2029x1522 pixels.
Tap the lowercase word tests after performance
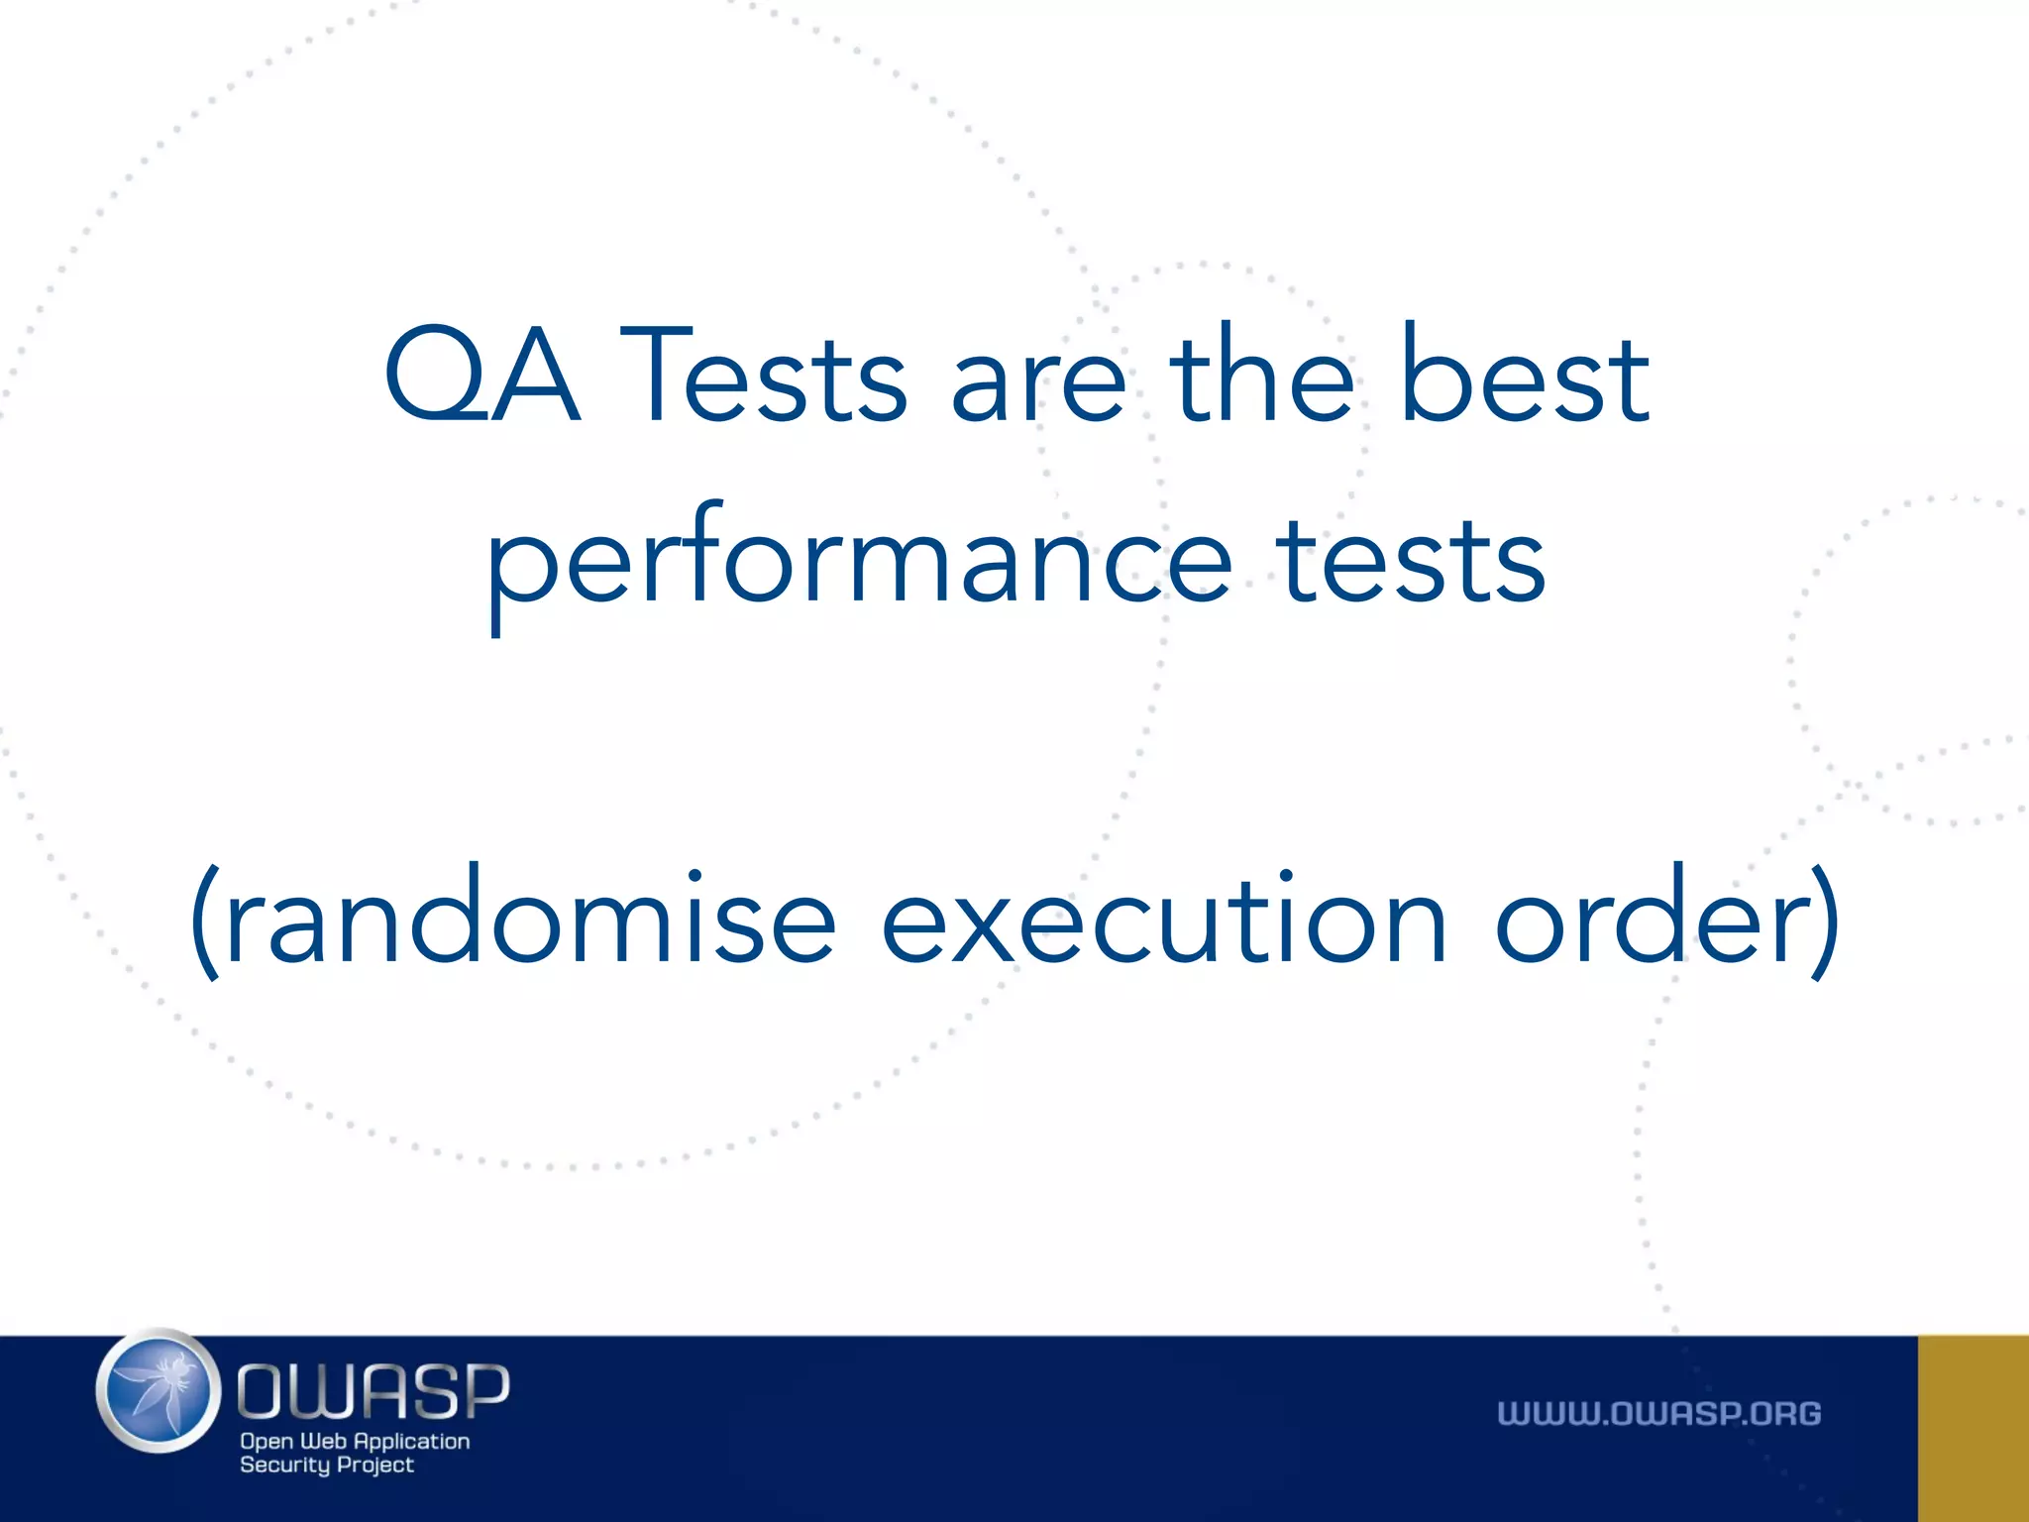(x=1411, y=561)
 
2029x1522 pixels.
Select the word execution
(x=1164, y=917)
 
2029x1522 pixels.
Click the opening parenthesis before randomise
(x=205, y=922)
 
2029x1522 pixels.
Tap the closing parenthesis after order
(x=1825, y=922)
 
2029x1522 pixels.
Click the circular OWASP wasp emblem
(x=159, y=1391)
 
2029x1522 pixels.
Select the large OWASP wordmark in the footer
(x=374, y=1391)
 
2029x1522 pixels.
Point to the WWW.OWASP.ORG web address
(x=1658, y=1414)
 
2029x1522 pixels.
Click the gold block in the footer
(x=1973, y=1428)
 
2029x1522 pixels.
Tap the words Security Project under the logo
(x=327, y=1466)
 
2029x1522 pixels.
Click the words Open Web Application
(x=355, y=1442)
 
